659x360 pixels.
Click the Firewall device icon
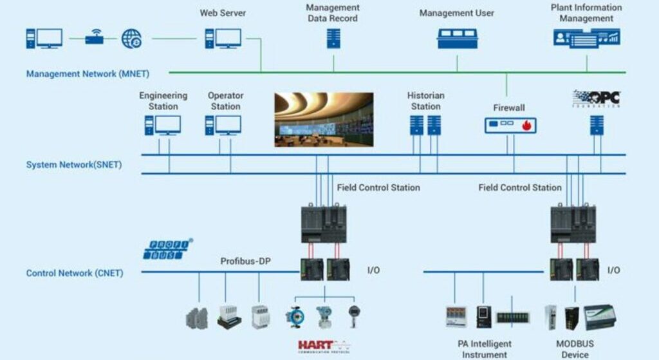tap(510, 125)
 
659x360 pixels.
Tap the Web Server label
tap(223, 13)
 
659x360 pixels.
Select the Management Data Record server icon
tap(333, 38)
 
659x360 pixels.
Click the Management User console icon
tap(457, 38)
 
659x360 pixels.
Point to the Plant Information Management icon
tap(586, 37)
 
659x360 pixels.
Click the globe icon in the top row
tap(132, 38)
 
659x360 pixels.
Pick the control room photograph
tap(324, 119)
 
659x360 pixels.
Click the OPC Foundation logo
tap(596, 99)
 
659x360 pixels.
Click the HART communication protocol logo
tap(324, 346)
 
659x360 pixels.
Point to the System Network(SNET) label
tap(74, 165)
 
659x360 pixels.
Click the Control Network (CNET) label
tap(75, 273)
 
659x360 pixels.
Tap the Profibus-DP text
tap(243, 261)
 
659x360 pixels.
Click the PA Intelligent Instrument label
tap(485, 349)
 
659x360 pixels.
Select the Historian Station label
tap(425, 101)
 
